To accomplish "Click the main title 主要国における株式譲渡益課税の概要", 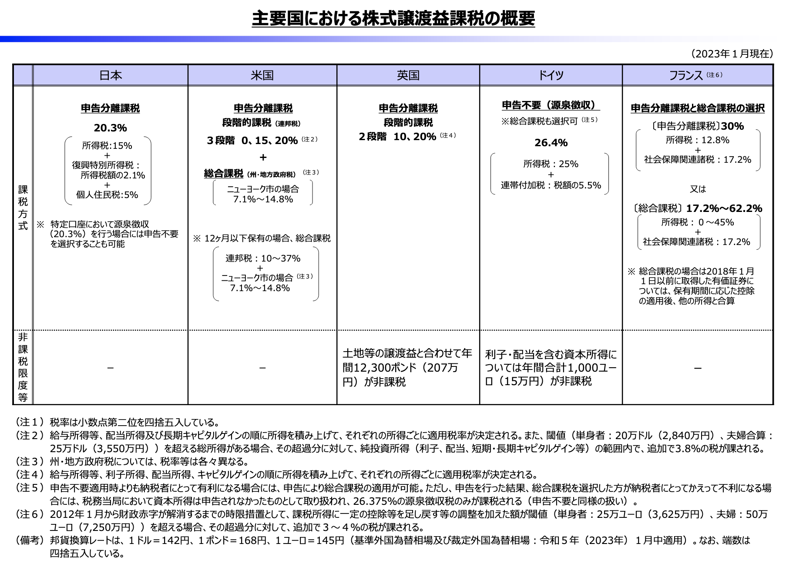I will pos(393,19).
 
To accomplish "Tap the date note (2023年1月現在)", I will pos(732,54).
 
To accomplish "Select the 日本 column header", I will pos(111,75).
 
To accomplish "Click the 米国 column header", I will pos(262,75).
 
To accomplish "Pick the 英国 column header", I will pos(408,75).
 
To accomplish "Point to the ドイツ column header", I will pos(551,75).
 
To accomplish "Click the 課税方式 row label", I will pos(23,208).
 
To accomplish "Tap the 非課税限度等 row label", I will pos(23,367).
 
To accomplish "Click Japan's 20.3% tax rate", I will pos(111,128).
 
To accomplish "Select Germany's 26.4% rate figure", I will pos(551,143).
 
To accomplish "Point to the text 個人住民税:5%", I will pos(107,195).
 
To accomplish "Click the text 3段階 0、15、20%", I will pos(252,141).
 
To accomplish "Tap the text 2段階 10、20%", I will pos(397,137).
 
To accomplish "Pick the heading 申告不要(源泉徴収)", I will pos(551,105).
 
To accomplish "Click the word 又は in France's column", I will pos(698,189).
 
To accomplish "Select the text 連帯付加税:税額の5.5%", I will pos(551,185).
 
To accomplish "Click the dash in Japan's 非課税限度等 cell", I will pos(111,368).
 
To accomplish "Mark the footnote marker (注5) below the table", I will pos(30,487).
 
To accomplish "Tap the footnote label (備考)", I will pos(30,540).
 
